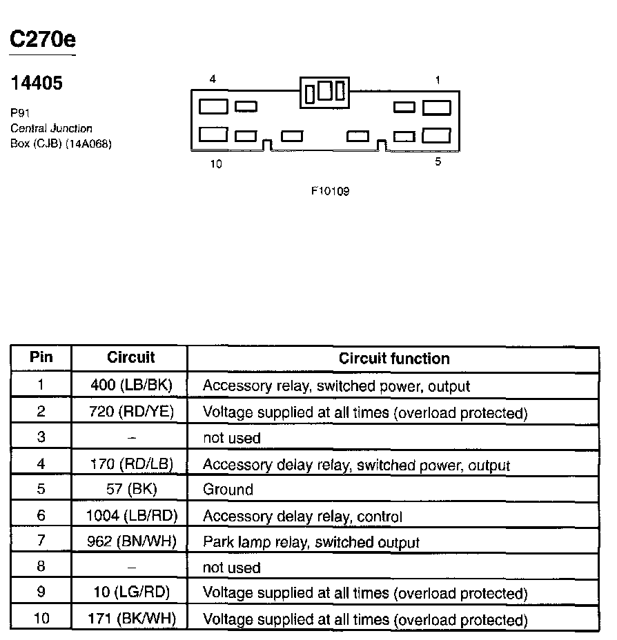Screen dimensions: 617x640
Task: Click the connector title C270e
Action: [42, 39]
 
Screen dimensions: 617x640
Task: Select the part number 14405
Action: [37, 83]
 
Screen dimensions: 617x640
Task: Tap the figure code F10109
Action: [330, 191]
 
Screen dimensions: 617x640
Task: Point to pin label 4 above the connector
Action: [213, 79]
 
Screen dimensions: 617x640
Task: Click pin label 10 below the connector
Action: [216, 165]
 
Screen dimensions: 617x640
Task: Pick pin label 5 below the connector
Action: [438, 162]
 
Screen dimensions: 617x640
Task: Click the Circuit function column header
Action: [393, 359]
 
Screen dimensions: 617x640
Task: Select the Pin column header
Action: [41, 358]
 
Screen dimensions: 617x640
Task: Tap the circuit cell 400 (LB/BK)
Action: [131, 385]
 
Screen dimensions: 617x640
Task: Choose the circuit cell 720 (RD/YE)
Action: [131, 412]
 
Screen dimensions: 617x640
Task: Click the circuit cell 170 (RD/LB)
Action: [131, 463]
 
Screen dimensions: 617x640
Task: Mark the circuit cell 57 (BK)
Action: [131, 490]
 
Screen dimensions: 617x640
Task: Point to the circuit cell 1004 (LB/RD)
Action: [131, 515]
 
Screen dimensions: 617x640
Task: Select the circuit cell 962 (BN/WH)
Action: [131, 541]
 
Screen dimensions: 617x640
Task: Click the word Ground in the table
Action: [228, 490]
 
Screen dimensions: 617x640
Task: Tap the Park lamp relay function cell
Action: [311, 542]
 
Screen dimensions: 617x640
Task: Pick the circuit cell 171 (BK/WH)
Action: [131, 619]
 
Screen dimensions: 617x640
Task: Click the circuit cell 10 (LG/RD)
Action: [131, 592]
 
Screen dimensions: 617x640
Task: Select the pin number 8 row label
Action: [41, 567]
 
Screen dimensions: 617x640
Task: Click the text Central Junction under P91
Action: [51, 128]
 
